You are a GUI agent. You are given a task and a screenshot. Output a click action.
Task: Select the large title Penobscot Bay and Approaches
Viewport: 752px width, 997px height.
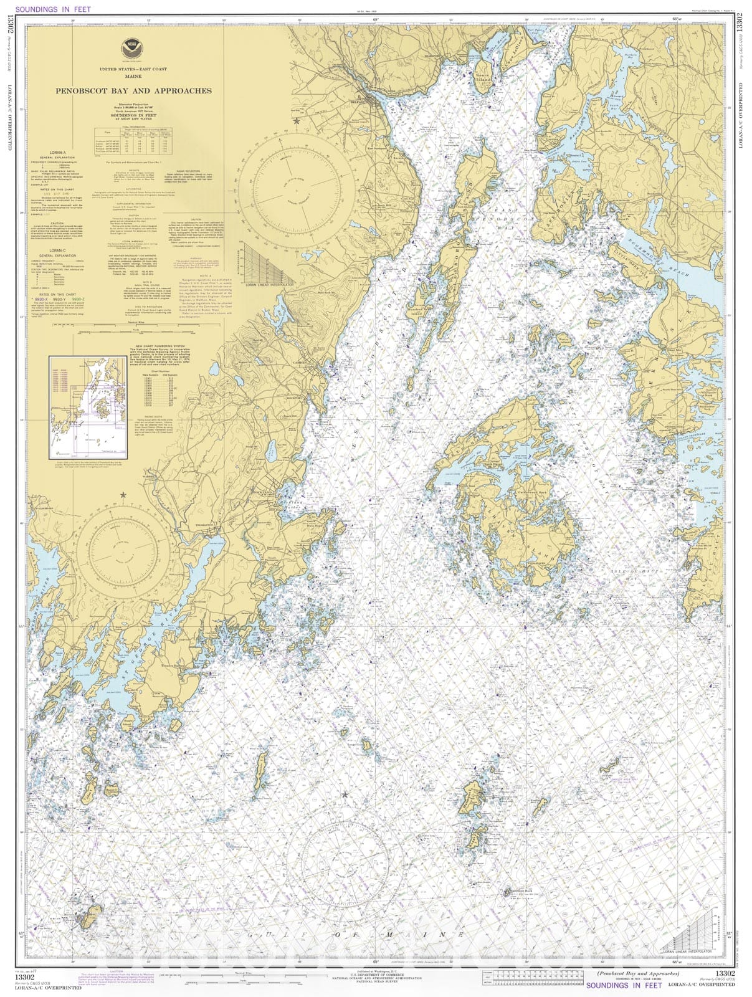(133, 90)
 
